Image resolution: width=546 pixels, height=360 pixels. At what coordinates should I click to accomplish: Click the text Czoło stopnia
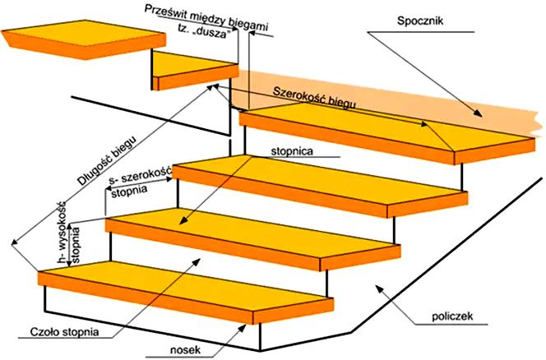coord(63,332)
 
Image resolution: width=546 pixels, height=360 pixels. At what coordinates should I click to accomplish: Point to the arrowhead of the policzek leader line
coord(377,286)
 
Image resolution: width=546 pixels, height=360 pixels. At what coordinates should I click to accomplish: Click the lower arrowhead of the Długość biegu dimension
coord(13,244)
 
